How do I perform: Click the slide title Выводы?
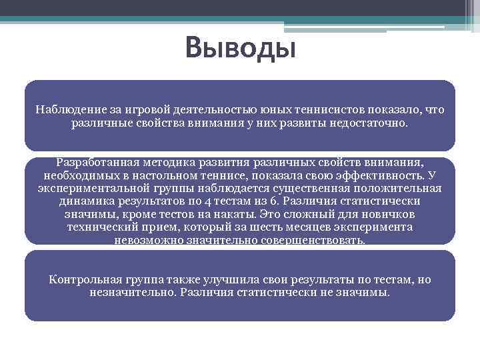click(240, 48)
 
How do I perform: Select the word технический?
click(100, 227)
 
